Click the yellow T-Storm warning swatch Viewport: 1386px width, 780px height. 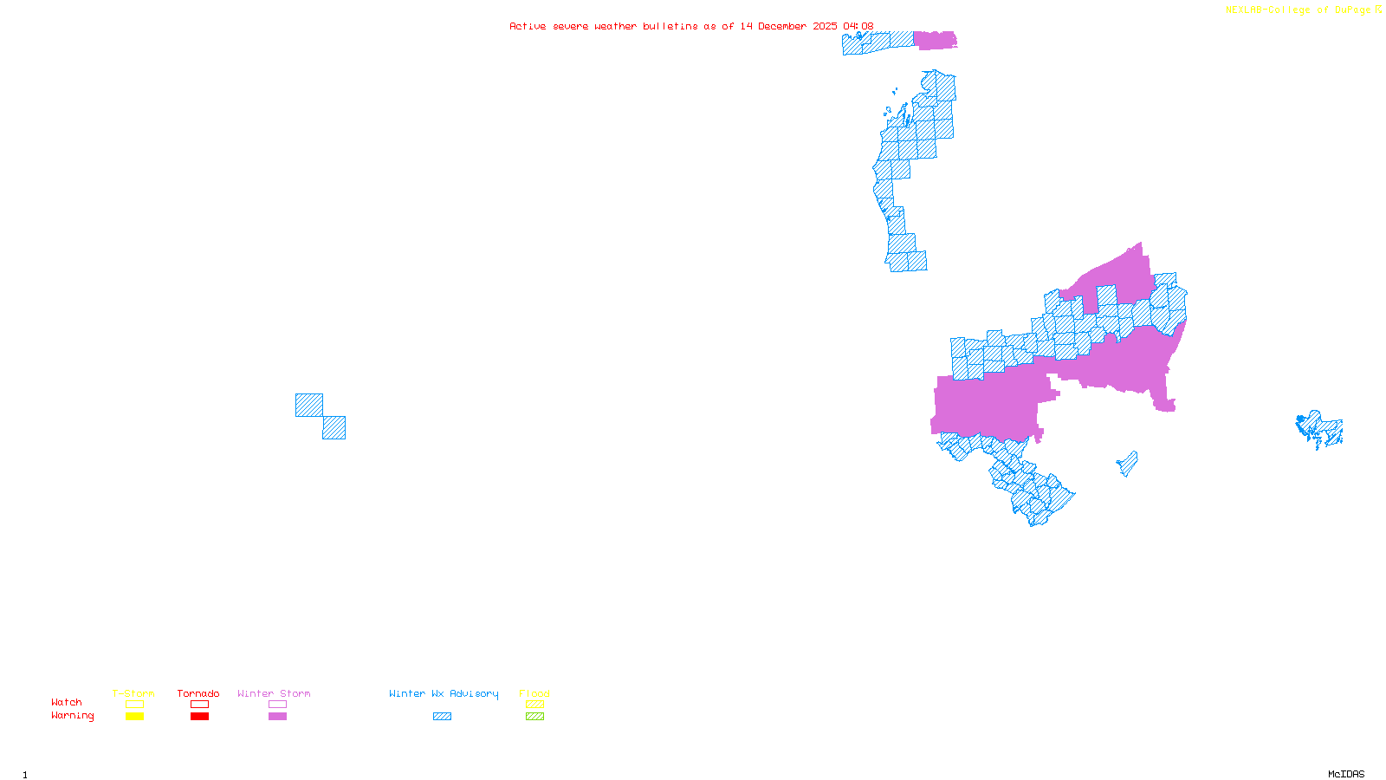(134, 717)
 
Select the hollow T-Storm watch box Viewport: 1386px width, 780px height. (134, 705)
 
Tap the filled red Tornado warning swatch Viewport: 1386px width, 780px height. (199, 717)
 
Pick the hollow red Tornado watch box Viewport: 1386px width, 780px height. (199, 705)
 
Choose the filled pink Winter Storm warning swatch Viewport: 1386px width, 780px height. (277, 717)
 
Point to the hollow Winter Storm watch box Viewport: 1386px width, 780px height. (277, 705)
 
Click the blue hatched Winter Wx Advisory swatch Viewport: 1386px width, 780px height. (442, 717)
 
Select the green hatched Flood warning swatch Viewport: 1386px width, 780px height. (534, 717)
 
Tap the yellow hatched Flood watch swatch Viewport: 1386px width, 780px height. (534, 705)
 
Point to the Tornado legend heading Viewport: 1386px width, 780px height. (198, 693)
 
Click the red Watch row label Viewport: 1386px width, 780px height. (67, 702)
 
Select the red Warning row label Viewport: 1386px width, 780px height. (73, 716)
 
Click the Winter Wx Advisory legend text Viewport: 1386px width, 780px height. (444, 693)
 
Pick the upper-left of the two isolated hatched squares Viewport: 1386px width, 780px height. (309, 405)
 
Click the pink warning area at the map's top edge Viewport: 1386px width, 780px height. (935, 40)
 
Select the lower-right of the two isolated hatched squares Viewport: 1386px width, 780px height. (334, 428)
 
